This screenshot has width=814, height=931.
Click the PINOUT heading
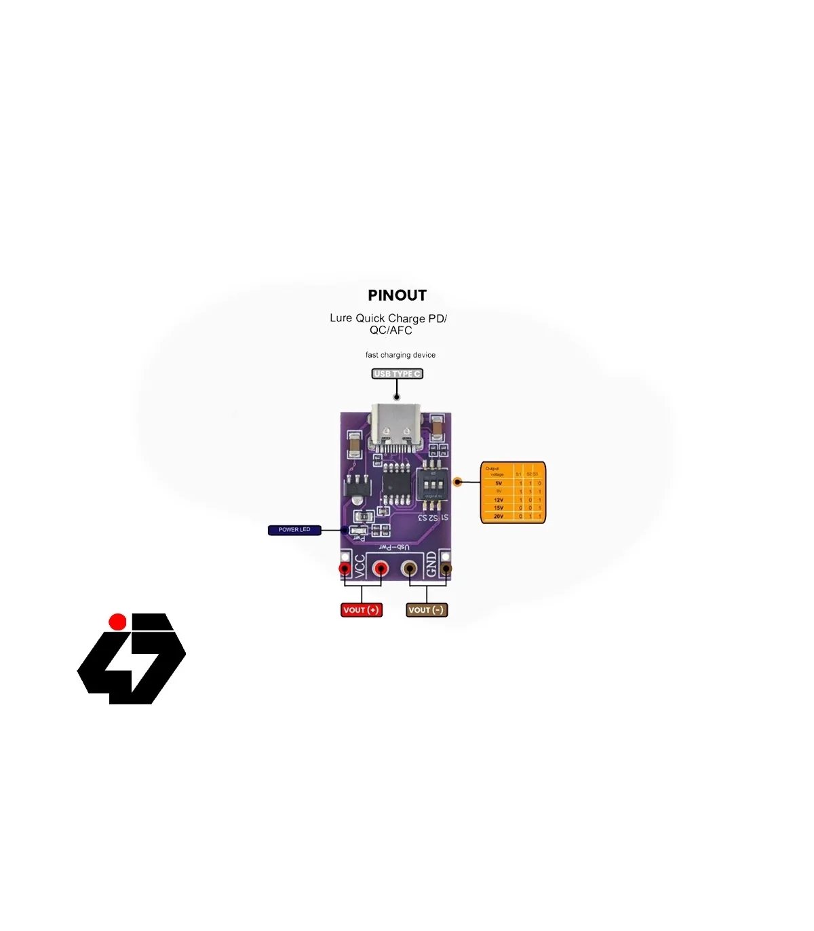(397, 295)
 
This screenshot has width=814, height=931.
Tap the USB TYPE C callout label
(397, 374)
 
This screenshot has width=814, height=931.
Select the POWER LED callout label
(294, 530)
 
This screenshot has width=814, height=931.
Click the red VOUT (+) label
(361, 610)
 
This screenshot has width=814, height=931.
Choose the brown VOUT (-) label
(426, 610)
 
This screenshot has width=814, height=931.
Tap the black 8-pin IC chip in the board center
(396, 484)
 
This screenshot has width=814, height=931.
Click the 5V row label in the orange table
(499, 483)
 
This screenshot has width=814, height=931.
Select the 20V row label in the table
(499, 516)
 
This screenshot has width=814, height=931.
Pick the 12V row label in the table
(499, 500)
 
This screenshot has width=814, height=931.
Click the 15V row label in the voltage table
(499, 508)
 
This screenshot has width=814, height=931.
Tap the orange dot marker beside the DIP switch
(458, 482)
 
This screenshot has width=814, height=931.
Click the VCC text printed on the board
(360, 565)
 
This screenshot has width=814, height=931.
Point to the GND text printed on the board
(431, 565)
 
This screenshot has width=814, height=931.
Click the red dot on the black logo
(117, 622)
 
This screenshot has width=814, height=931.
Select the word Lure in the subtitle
(341, 318)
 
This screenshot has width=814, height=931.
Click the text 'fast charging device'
(400, 355)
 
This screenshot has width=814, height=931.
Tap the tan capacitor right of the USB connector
(438, 428)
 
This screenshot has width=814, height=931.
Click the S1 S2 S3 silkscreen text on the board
(433, 518)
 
